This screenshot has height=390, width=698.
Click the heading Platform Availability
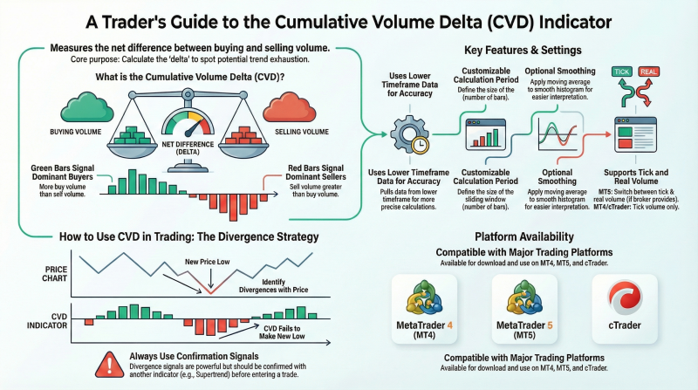pyautogui.click(x=523, y=236)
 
